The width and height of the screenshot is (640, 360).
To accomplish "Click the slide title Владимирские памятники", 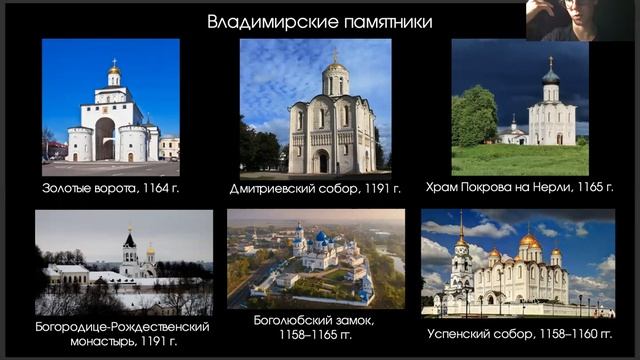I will point(319,21).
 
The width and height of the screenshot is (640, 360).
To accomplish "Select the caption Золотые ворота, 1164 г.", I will point(111,187).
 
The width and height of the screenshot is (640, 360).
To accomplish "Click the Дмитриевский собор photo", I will point(315,107).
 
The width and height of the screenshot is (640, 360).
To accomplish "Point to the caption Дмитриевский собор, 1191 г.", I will point(315,187).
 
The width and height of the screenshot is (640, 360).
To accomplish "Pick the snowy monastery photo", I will point(124,262).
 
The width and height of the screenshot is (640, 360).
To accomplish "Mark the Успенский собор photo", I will point(518,263).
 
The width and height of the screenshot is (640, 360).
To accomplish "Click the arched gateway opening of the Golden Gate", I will point(105,139).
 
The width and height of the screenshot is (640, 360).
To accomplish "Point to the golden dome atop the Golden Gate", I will point(114,69).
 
